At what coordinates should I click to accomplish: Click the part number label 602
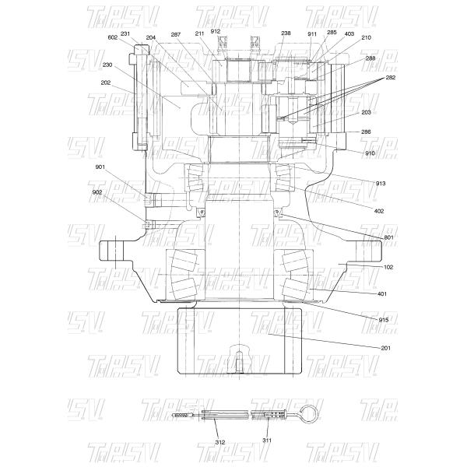pyautogui.click(x=113, y=37)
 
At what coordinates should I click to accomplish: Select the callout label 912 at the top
pyautogui.click(x=216, y=31)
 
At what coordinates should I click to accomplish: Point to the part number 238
pyautogui.click(x=286, y=33)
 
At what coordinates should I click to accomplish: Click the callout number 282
pyautogui.click(x=390, y=78)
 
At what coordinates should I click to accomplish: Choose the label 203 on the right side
pyautogui.click(x=367, y=112)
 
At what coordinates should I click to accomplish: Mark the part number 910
pyautogui.click(x=370, y=153)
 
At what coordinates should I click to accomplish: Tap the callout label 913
pyautogui.click(x=380, y=183)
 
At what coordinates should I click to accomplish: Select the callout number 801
pyautogui.click(x=388, y=237)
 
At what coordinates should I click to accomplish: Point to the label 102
pyautogui.click(x=388, y=267)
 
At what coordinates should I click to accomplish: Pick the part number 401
pyautogui.click(x=381, y=293)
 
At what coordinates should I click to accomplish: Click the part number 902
pyautogui.click(x=97, y=192)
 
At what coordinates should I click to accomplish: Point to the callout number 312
pyautogui.click(x=220, y=441)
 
